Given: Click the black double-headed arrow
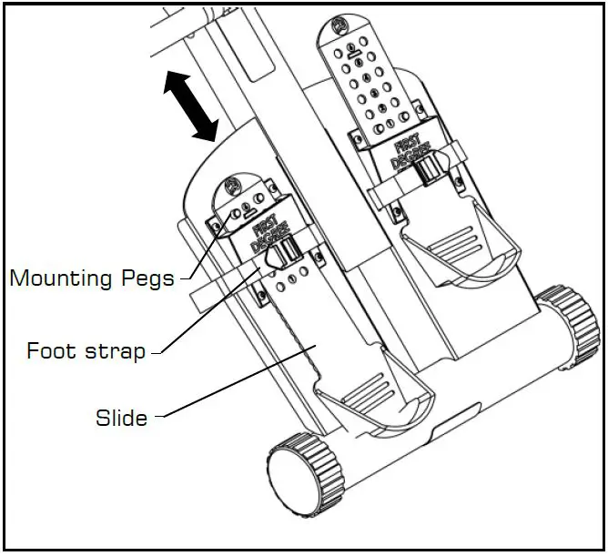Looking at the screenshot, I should [189, 107].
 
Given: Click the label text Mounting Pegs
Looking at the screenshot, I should [91, 278].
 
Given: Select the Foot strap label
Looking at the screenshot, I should [86, 350].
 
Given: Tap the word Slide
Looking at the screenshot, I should [121, 418].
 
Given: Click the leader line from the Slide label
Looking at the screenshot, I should [237, 382].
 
